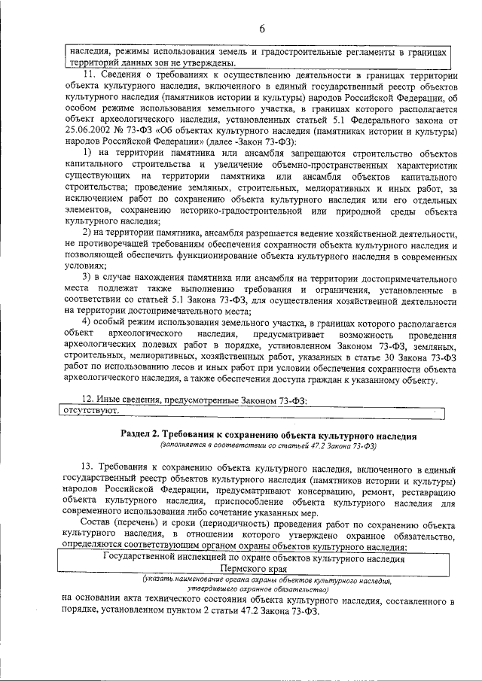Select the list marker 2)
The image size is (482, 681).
point(87,234)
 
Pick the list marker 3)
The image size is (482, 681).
point(87,277)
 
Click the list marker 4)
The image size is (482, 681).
point(87,321)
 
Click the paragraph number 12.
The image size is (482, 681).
point(88,400)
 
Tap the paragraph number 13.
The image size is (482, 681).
point(88,468)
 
